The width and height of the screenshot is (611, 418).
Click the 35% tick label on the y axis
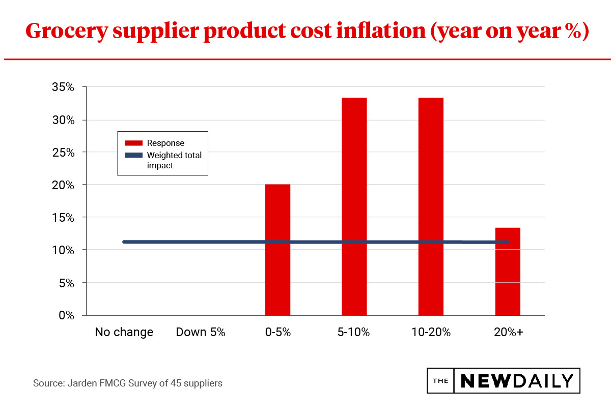(x=63, y=87)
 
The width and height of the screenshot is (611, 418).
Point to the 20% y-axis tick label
(x=63, y=185)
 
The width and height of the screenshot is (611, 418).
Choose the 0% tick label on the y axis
(x=66, y=315)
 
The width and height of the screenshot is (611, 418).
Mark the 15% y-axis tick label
(x=63, y=218)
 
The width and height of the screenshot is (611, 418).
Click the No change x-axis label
(x=124, y=333)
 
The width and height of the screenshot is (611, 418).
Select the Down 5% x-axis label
(x=201, y=333)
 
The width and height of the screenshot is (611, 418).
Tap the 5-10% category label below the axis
(x=353, y=333)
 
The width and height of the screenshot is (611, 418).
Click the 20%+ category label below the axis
(x=508, y=333)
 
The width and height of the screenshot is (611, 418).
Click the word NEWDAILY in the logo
(x=517, y=381)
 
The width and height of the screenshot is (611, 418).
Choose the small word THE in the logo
(x=440, y=381)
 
